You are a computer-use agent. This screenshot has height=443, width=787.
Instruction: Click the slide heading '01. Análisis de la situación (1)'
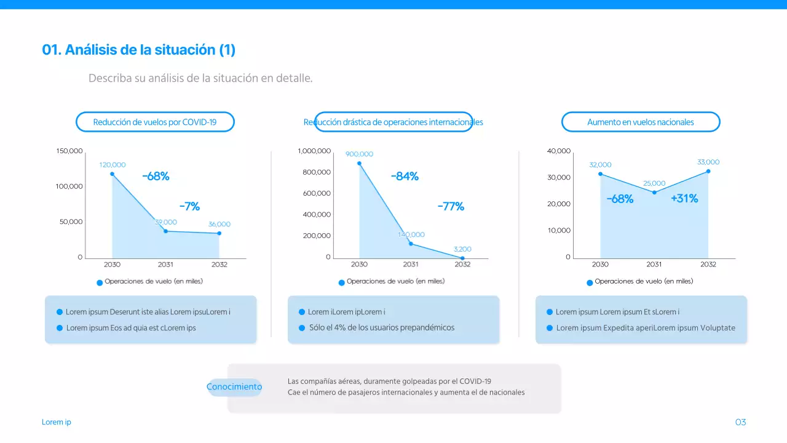pyautogui.click(x=138, y=50)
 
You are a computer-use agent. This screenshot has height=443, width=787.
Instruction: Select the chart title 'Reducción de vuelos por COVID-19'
pyautogui.click(x=155, y=122)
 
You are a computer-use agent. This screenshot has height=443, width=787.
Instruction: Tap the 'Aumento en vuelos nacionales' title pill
pyautogui.click(x=640, y=122)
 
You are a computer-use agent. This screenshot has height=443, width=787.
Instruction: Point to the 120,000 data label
pyautogui.click(x=113, y=165)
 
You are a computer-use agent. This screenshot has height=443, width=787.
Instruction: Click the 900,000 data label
pyautogui.click(x=359, y=154)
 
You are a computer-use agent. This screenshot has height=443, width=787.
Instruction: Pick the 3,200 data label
pyautogui.click(x=462, y=249)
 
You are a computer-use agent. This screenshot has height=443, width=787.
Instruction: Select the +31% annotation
pyautogui.click(x=684, y=199)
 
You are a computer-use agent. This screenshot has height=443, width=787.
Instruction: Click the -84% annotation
pyautogui.click(x=405, y=177)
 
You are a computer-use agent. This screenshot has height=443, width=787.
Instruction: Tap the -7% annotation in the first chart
pyautogui.click(x=189, y=206)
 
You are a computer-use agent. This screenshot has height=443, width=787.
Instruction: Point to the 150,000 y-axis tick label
pyautogui.click(x=69, y=151)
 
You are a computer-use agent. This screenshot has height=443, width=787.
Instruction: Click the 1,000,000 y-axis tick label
pyautogui.click(x=314, y=151)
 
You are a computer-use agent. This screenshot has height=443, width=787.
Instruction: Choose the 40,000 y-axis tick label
pyautogui.click(x=558, y=151)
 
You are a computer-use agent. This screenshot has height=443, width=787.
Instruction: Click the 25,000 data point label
pyautogui.click(x=654, y=183)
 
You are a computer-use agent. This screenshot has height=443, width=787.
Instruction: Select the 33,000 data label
pyautogui.click(x=708, y=162)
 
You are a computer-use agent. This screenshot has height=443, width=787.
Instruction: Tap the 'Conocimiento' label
pyautogui.click(x=234, y=387)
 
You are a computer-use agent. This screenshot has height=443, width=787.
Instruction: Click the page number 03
pyautogui.click(x=740, y=422)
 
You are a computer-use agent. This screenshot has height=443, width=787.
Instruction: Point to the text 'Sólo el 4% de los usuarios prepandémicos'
pyautogui.click(x=381, y=327)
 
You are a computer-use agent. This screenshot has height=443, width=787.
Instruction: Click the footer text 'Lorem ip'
pyautogui.click(x=57, y=422)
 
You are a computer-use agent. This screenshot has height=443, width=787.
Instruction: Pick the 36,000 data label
pyautogui.click(x=219, y=225)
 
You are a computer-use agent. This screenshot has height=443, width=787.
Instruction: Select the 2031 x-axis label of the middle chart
pyautogui.click(x=411, y=265)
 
